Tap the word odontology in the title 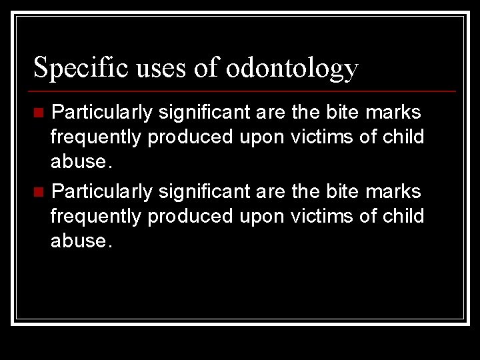292,68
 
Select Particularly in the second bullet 102,192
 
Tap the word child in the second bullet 403,217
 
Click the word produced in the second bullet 191,217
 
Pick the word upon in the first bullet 262,137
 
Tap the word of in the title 205,68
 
